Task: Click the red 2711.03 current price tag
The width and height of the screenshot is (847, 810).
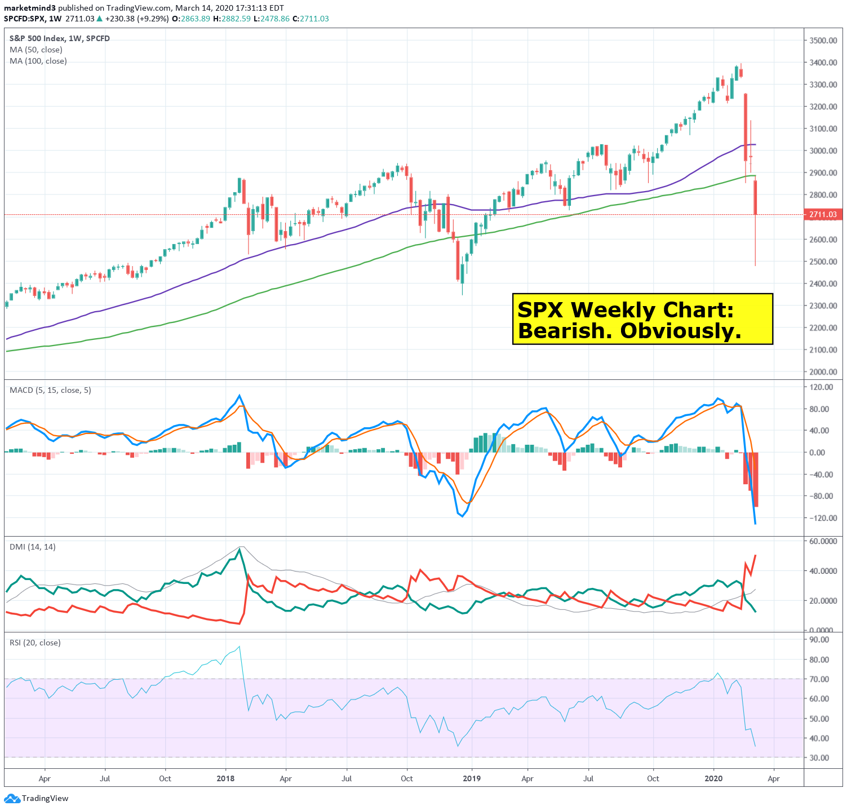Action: click(823, 214)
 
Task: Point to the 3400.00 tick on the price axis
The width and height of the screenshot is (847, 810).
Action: click(823, 63)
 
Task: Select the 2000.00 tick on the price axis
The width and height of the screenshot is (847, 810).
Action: click(823, 371)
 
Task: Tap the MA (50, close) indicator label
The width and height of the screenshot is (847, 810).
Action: click(36, 50)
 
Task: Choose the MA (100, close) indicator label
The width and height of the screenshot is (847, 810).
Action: click(38, 61)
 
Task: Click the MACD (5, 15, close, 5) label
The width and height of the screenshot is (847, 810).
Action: click(50, 390)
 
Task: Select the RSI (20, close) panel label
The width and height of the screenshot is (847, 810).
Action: click(35, 643)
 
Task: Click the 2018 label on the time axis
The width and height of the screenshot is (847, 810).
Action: click(225, 778)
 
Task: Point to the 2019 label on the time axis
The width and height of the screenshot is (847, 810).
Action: click(472, 778)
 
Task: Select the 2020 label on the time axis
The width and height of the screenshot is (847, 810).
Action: click(713, 778)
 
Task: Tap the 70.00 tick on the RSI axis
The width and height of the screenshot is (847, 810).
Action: click(819, 679)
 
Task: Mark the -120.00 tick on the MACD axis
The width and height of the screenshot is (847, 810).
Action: click(819, 518)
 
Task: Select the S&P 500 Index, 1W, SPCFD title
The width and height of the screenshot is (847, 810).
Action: click(60, 38)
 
